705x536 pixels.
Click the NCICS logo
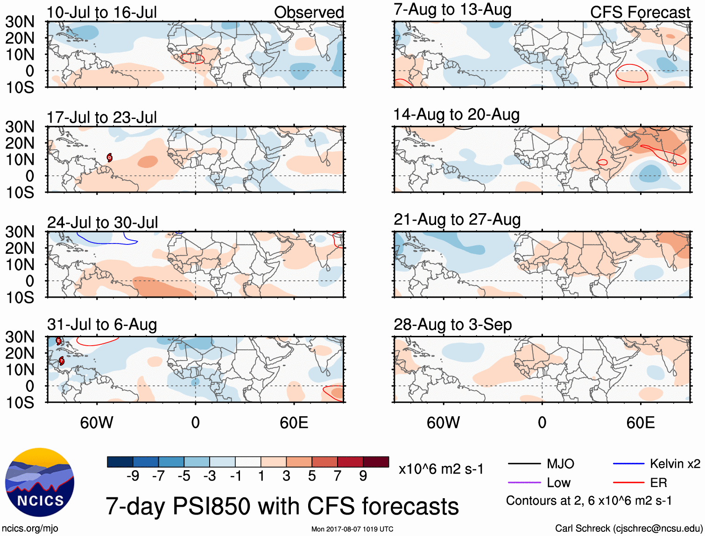[39, 482]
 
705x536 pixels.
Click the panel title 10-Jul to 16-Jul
[102, 13]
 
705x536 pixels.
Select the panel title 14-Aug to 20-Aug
[456, 115]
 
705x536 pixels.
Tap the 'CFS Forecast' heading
[640, 13]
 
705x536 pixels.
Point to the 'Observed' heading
[309, 13]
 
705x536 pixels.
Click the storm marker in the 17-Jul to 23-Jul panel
[109, 158]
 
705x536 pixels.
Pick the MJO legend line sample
[524, 464]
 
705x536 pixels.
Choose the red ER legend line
[628, 483]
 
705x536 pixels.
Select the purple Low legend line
[524, 483]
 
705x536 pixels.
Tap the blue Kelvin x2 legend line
[628, 464]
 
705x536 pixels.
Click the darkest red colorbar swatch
[376, 462]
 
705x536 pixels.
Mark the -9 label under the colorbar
[133, 476]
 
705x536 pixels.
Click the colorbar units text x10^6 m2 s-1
[441, 469]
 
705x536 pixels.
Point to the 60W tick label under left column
[97, 423]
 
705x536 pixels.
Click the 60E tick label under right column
[640, 423]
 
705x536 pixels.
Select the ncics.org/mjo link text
[30, 529]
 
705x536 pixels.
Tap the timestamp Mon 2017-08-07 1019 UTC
[352, 529]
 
